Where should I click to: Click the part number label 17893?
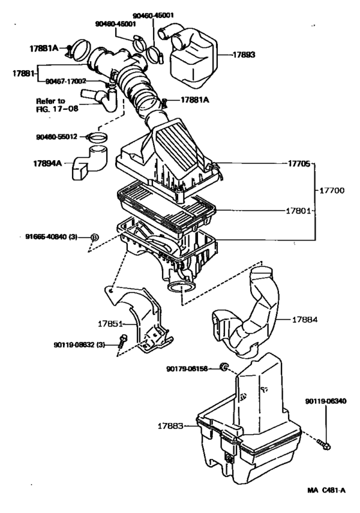click(x=242, y=55)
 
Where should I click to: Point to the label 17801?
click(x=298, y=210)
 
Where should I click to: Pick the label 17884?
click(x=308, y=319)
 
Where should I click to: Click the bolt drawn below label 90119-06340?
click(x=325, y=443)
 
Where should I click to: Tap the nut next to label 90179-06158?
click(x=224, y=367)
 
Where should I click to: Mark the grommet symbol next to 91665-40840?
click(x=94, y=237)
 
